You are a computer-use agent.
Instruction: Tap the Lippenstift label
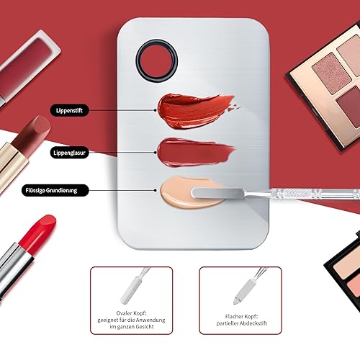point(71,110)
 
